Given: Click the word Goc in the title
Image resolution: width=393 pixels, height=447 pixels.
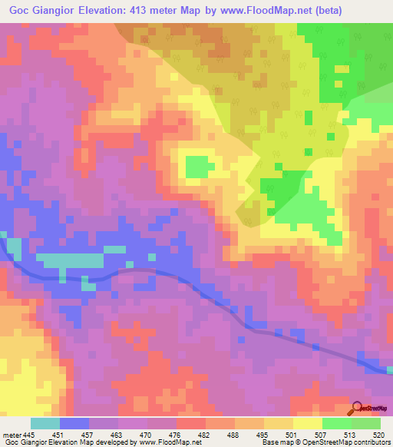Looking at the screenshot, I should point(22,11).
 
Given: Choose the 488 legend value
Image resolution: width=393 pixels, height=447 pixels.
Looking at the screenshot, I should point(230,434).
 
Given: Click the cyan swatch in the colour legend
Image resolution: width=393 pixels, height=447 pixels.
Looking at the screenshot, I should point(45,423).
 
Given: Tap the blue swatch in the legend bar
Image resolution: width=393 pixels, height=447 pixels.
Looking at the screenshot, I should point(74,423).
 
